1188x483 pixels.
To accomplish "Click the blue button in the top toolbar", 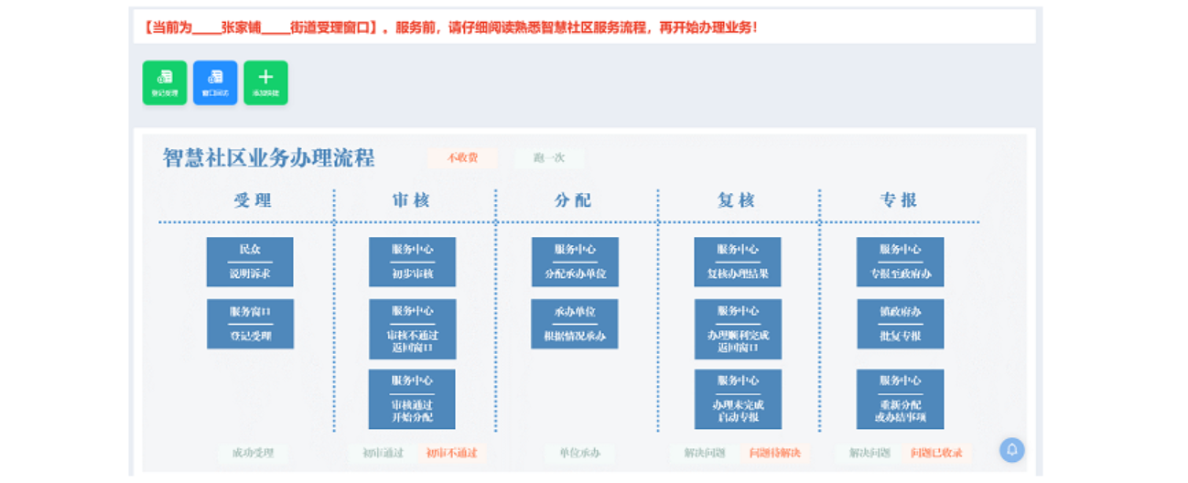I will (215, 82).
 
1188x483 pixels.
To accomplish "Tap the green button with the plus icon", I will (265, 82).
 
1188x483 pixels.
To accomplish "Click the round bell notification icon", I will (1011, 450).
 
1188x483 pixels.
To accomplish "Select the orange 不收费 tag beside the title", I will (462, 158).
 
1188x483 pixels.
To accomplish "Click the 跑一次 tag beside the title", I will (549, 158).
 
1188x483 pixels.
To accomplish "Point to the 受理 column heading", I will (253, 200).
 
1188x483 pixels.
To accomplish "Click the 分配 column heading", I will (574, 200).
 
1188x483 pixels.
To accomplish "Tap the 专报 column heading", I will (899, 200).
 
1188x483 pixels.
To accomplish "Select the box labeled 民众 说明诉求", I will (250, 262).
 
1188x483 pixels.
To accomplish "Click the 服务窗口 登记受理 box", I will (250, 324).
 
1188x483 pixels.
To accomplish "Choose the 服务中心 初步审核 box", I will (412, 262).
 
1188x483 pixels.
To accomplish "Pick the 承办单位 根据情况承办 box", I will (575, 324).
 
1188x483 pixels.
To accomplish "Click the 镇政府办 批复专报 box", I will (900, 324).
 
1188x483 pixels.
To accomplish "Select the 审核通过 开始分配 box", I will (412, 399).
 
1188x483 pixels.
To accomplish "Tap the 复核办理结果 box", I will (738, 262).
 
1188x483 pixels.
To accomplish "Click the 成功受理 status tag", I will (253, 453).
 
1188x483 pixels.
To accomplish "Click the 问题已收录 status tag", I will (936, 453).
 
